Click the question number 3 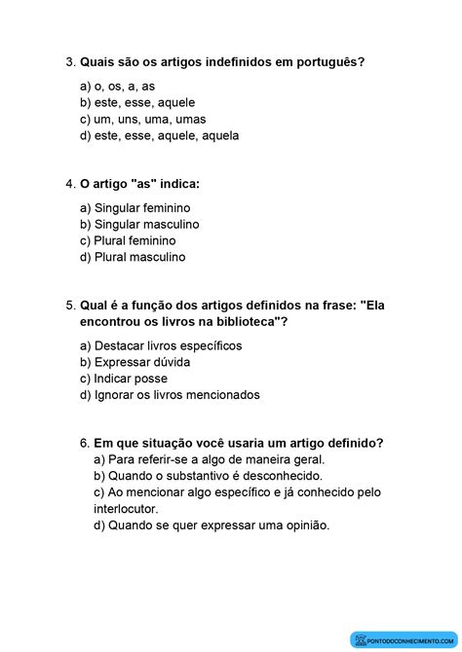click(x=69, y=63)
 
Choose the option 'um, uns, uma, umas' click(x=143, y=120)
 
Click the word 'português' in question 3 click(x=330, y=63)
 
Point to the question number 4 click(x=69, y=184)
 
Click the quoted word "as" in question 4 click(x=139, y=184)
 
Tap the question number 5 click(x=69, y=305)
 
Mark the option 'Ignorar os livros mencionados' click(x=171, y=395)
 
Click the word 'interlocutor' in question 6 click(x=126, y=508)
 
